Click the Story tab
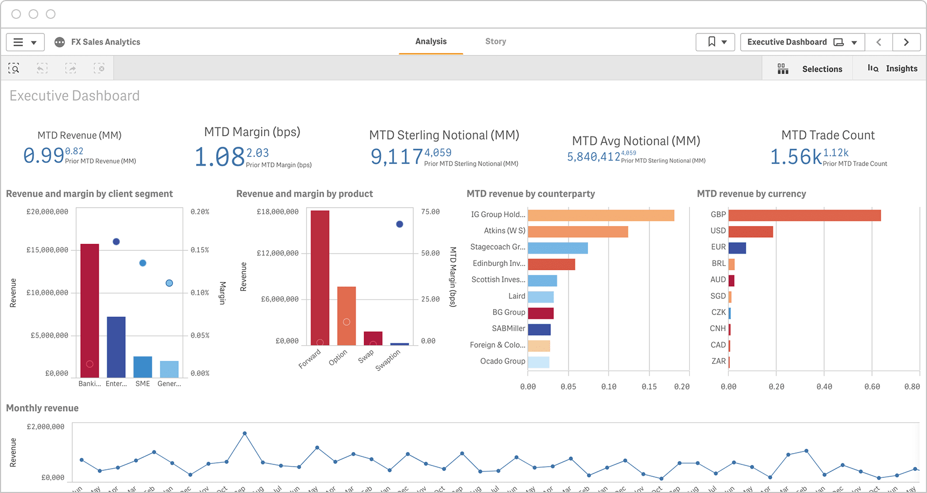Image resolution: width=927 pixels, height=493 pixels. pyautogui.click(x=495, y=42)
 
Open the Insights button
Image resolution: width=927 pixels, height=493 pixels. pyautogui.click(x=893, y=69)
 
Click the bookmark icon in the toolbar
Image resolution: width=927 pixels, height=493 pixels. pyautogui.click(x=712, y=42)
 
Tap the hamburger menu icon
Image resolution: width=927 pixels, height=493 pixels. pyautogui.click(x=18, y=42)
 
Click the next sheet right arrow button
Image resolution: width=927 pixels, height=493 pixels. pyautogui.click(x=906, y=42)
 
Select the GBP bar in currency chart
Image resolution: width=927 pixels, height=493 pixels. pyautogui.click(x=804, y=215)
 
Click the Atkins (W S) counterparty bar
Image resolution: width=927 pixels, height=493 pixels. pyautogui.click(x=578, y=231)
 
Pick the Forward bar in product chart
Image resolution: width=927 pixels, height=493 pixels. pyautogui.click(x=320, y=277)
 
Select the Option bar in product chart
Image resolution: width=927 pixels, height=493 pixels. pyautogui.click(x=347, y=316)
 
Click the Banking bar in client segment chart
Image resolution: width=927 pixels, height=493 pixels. pyautogui.click(x=89, y=310)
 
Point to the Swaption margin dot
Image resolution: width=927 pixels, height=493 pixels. pyautogui.click(x=399, y=224)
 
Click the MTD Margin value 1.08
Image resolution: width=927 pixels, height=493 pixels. pyautogui.click(x=219, y=157)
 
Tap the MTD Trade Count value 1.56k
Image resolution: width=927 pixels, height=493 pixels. pyautogui.click(x=795, y=157)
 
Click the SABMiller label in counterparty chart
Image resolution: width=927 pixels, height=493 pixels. pyautogui.click(x=508, y=328)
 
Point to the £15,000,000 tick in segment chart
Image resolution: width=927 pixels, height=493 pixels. pyautogui.click(x=47, y=250)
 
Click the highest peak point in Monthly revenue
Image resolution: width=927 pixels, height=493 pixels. pyautogui.click(x=245, y=433)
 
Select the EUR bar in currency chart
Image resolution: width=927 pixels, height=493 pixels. pyautogui.click(x=737, y=248)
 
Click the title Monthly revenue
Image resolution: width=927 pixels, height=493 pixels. pyautogui.click(x=42, y=408)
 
